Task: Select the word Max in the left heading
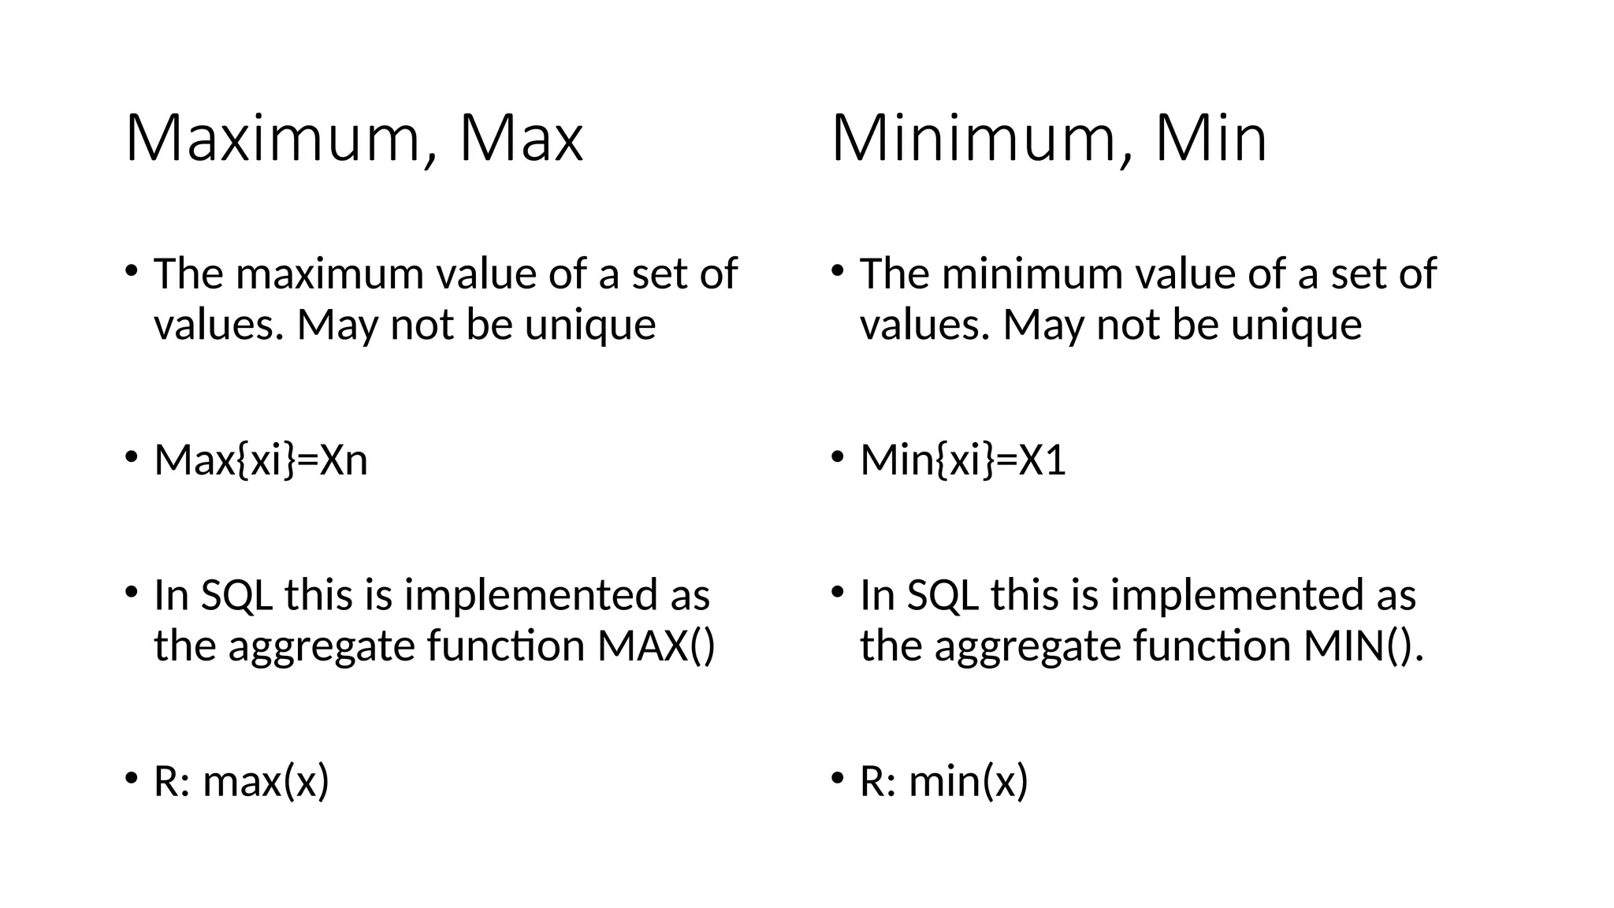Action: click(521, 140)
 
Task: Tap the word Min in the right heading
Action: click(1210, 140)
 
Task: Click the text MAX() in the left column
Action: click(656, 646)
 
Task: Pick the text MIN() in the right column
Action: click(1359, 646)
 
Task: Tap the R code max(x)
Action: click(266, 782)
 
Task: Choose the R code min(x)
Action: click(969, 782)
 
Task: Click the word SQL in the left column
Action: click(236, 595)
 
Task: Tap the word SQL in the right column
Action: click(943, 595)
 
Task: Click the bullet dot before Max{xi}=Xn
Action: click(131, 457)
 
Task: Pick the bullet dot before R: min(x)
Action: click(837, 779)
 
